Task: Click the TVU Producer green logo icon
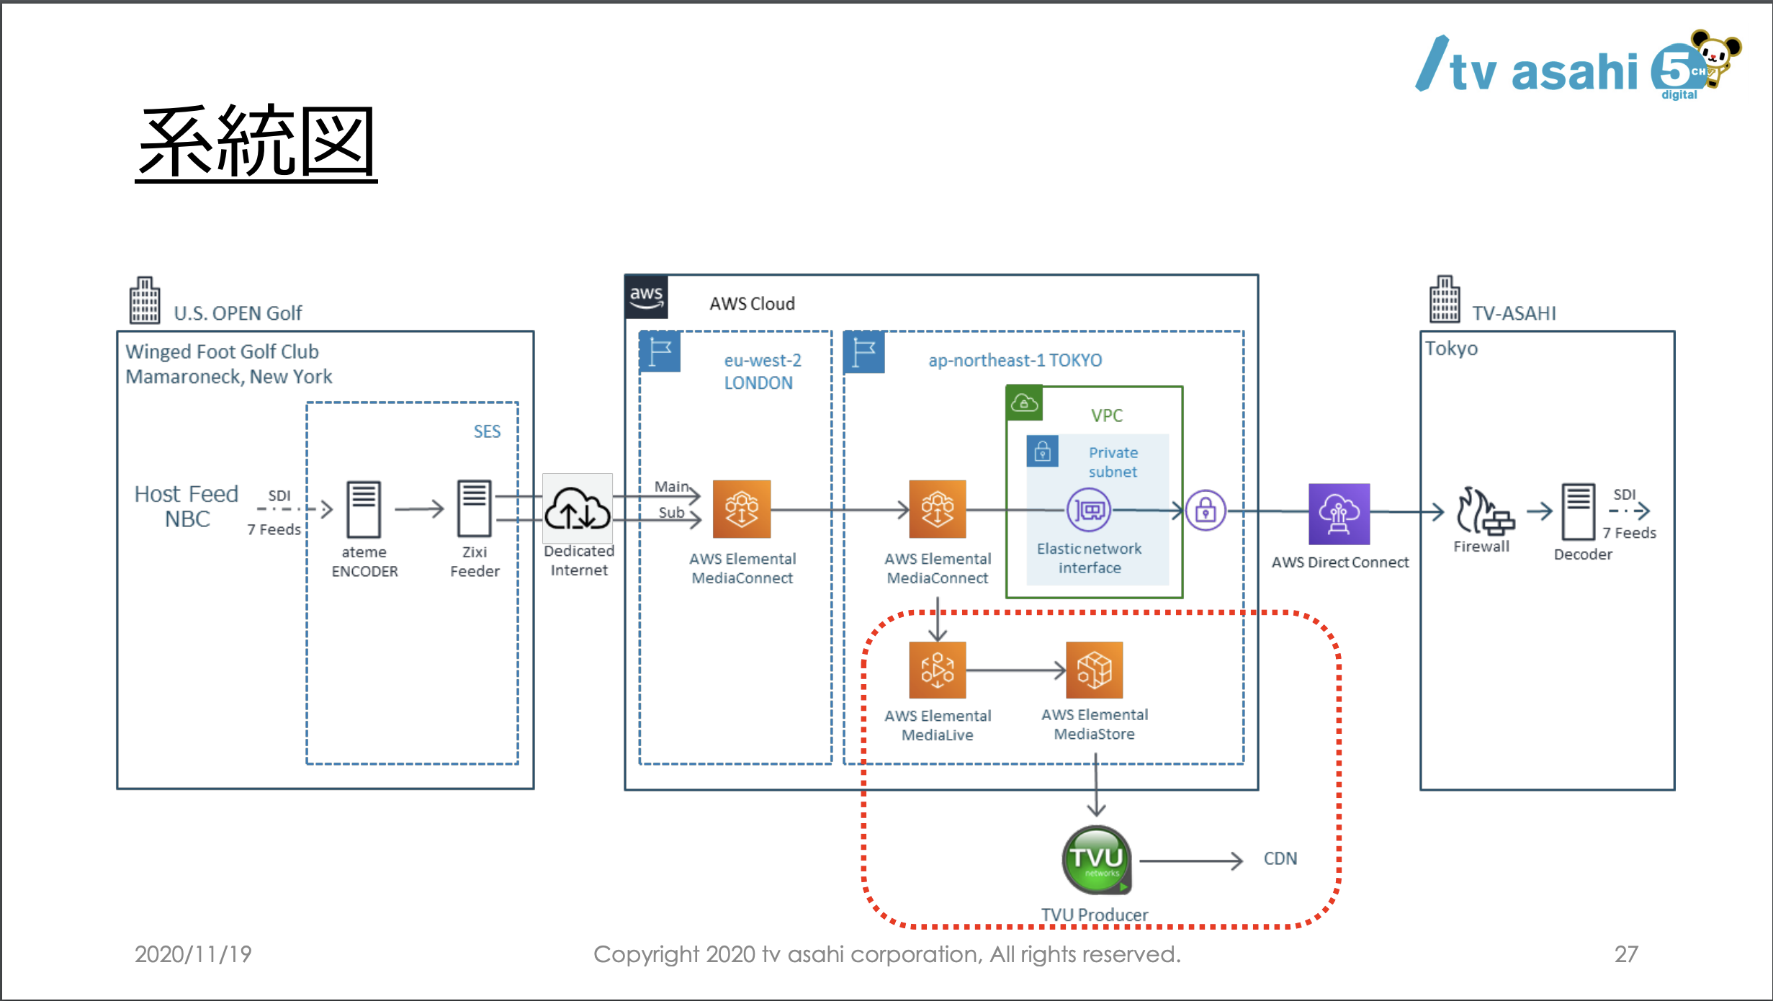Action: [x=1096, y=859]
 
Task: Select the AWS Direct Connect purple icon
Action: [x=1339, y=513]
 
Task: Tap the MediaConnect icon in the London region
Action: [x=742, y=509]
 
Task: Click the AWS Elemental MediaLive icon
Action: [x=937, y=670]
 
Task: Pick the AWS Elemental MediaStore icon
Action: [x=1094, y=670]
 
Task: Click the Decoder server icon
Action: [x=1578, y=511]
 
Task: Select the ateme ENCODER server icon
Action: [x=364, y=509]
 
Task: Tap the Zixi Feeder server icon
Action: [x=475, y=508]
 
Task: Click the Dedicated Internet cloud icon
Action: [x=578, y=508]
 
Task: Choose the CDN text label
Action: [x=1280, y=858]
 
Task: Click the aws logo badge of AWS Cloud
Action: [x=646, y=297]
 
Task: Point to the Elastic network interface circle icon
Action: [x=1088, y=510]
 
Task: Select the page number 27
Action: [x=1626, y=954]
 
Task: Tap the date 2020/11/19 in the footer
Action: [x=193, y=954]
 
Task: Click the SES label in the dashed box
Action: [x=487, y=431]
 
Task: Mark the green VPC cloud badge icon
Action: [x=1024, y=403]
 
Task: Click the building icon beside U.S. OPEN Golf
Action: [x=145, y=300]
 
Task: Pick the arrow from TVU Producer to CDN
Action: [x=1191, y=861]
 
